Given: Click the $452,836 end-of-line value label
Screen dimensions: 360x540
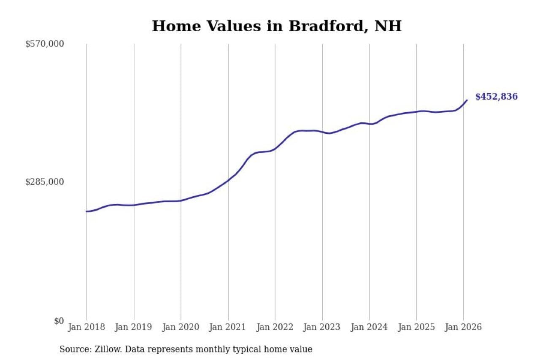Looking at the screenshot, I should pos(496,97).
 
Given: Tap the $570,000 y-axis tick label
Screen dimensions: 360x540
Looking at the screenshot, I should pos(45,44).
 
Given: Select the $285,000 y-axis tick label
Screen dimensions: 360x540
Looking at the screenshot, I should pos(45,182).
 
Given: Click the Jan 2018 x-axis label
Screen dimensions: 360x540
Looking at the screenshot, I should pos(86,327).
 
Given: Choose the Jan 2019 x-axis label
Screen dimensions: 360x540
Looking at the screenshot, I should pos(133,327).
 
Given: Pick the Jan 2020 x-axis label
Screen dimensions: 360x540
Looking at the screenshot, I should pos(181,327).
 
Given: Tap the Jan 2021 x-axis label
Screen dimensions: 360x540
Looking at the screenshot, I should pos(228,327).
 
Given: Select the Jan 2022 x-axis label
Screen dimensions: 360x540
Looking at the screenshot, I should pos(275,327).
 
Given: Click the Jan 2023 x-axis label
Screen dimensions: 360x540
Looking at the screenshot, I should pos(322,327).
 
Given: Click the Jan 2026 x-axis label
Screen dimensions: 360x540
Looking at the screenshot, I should pos(463,327).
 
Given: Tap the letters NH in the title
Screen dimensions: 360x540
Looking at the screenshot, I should pos(388,26).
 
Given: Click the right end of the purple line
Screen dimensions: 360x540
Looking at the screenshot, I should pos(467,100).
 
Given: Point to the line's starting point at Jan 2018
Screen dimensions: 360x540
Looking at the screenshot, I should pos(86,211).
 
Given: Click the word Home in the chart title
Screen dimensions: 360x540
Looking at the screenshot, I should pos(172,26).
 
